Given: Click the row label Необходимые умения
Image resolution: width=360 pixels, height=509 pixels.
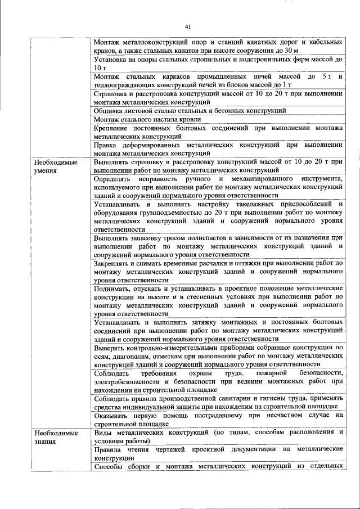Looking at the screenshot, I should (x=55, y=166).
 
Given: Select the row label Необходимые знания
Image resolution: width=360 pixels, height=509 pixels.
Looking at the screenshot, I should (x=55, y=438).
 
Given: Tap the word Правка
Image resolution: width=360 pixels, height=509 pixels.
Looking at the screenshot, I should (x=107, y=145).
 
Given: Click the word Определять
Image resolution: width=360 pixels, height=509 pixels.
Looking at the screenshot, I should (x=116, y=179).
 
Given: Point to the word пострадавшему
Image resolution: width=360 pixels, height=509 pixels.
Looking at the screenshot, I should (x=214, y=415).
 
